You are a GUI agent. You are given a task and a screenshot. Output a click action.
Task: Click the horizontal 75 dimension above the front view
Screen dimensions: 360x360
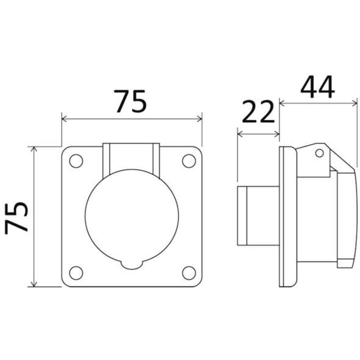click(x=131, y=101)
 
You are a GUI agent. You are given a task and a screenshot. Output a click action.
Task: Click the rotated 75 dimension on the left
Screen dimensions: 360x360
click(x=16, y=218)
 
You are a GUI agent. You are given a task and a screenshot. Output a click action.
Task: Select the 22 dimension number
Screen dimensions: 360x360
click(x=258, y=112)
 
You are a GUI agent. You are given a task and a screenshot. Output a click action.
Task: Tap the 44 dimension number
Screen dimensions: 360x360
click(x=317, y=87)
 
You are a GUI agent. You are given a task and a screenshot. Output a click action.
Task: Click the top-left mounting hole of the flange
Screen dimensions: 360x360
click(x=76, y=161)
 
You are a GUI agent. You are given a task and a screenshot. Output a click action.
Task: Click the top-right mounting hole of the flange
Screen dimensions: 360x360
click(x=189, y=161)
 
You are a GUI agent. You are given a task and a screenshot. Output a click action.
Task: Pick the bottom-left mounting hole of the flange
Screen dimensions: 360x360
click(x=76, y=273)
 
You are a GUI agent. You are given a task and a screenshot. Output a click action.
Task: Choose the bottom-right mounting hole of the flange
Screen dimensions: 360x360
click(x=189, y=273)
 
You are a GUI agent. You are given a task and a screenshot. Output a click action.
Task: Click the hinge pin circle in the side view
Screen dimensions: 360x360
click(x=319, y=153)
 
